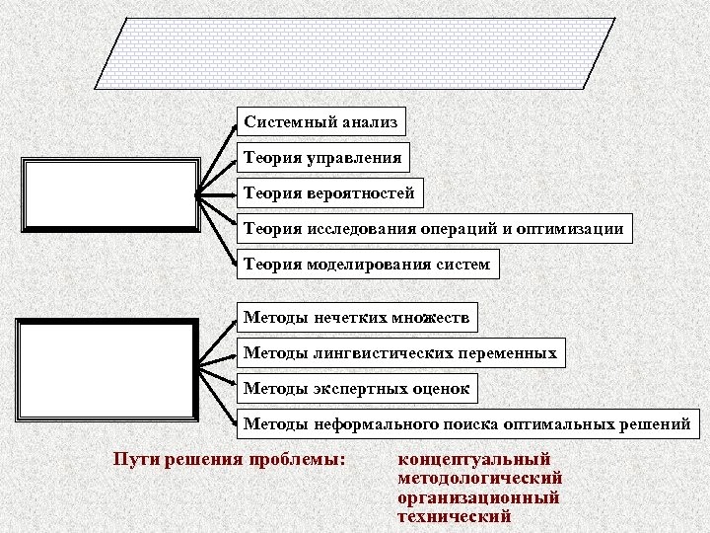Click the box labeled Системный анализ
pyautogui.click(x=321, y=122)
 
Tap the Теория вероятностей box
pyautogui.click(x=329, y=192)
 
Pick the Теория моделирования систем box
pyautogui.click(x=367, y=264)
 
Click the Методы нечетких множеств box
pyautogui.click(x=357, y=318)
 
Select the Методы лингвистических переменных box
pyautogui.click(x=400, y=352)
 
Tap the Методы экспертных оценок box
pyautogui.click(x=356, y=388)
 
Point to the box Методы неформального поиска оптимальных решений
pyautogui.click(x=466, y=423)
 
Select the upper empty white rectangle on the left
pyautogui.click(x=111, y=193)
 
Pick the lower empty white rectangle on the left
pyautogui.click(x=107, y=369)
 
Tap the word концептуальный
pyautogui.click(x=473, y=459)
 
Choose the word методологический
pyautogui.click(x=479, y=478)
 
